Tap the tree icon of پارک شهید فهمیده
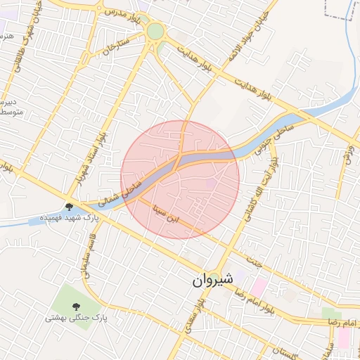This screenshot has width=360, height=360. tap(70, 207)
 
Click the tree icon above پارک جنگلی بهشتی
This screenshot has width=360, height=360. tap(75, 305)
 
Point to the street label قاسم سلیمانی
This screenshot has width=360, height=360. tap(86, 255)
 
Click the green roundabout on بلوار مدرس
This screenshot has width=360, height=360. tap(155, 32)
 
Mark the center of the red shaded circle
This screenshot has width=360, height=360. tap(180, 179)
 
